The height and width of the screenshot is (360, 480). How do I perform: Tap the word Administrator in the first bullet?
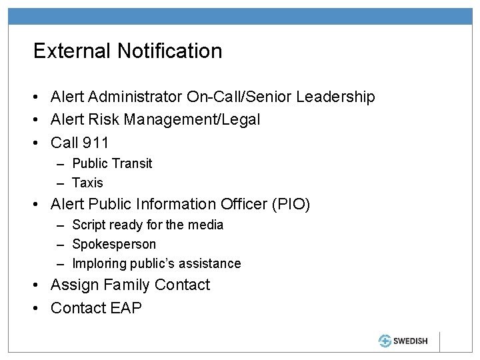coord(142,97)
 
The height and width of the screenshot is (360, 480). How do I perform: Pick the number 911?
coord(95,143)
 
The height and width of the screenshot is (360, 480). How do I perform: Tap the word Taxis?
coord(88,183)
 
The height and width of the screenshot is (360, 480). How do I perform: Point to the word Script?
coord(88,225)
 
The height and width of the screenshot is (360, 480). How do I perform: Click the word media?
coord(205,225)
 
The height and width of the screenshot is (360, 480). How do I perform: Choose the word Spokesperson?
coord(114,244)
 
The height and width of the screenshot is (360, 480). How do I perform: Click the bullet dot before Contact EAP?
coord(38,308)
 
